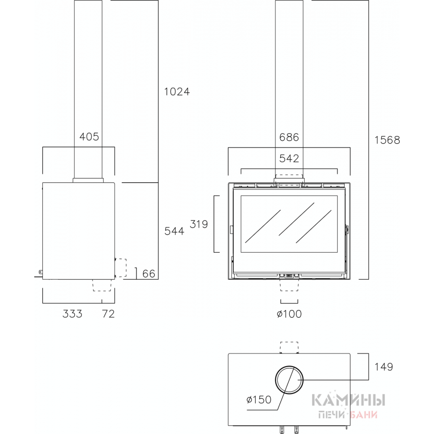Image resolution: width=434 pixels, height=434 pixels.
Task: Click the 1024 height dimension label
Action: (x=177, y=92)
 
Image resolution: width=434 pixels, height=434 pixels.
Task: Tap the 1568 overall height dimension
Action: (x=387, y=140)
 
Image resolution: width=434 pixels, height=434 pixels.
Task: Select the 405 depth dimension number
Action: (x=89, y=136)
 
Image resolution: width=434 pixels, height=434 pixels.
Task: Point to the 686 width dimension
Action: (x=289, y=137)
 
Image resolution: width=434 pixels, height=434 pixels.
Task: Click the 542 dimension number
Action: (x=289, y=158)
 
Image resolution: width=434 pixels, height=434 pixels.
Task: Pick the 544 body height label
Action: (x=175, y=231)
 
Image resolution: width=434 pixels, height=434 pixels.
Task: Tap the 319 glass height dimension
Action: (x=199, y=224)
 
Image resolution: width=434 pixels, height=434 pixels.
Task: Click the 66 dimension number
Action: (x=149, y=274)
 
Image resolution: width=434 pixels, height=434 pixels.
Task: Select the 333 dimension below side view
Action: (x=72, y=314)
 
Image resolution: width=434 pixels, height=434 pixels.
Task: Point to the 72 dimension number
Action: (x=108, y=314)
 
